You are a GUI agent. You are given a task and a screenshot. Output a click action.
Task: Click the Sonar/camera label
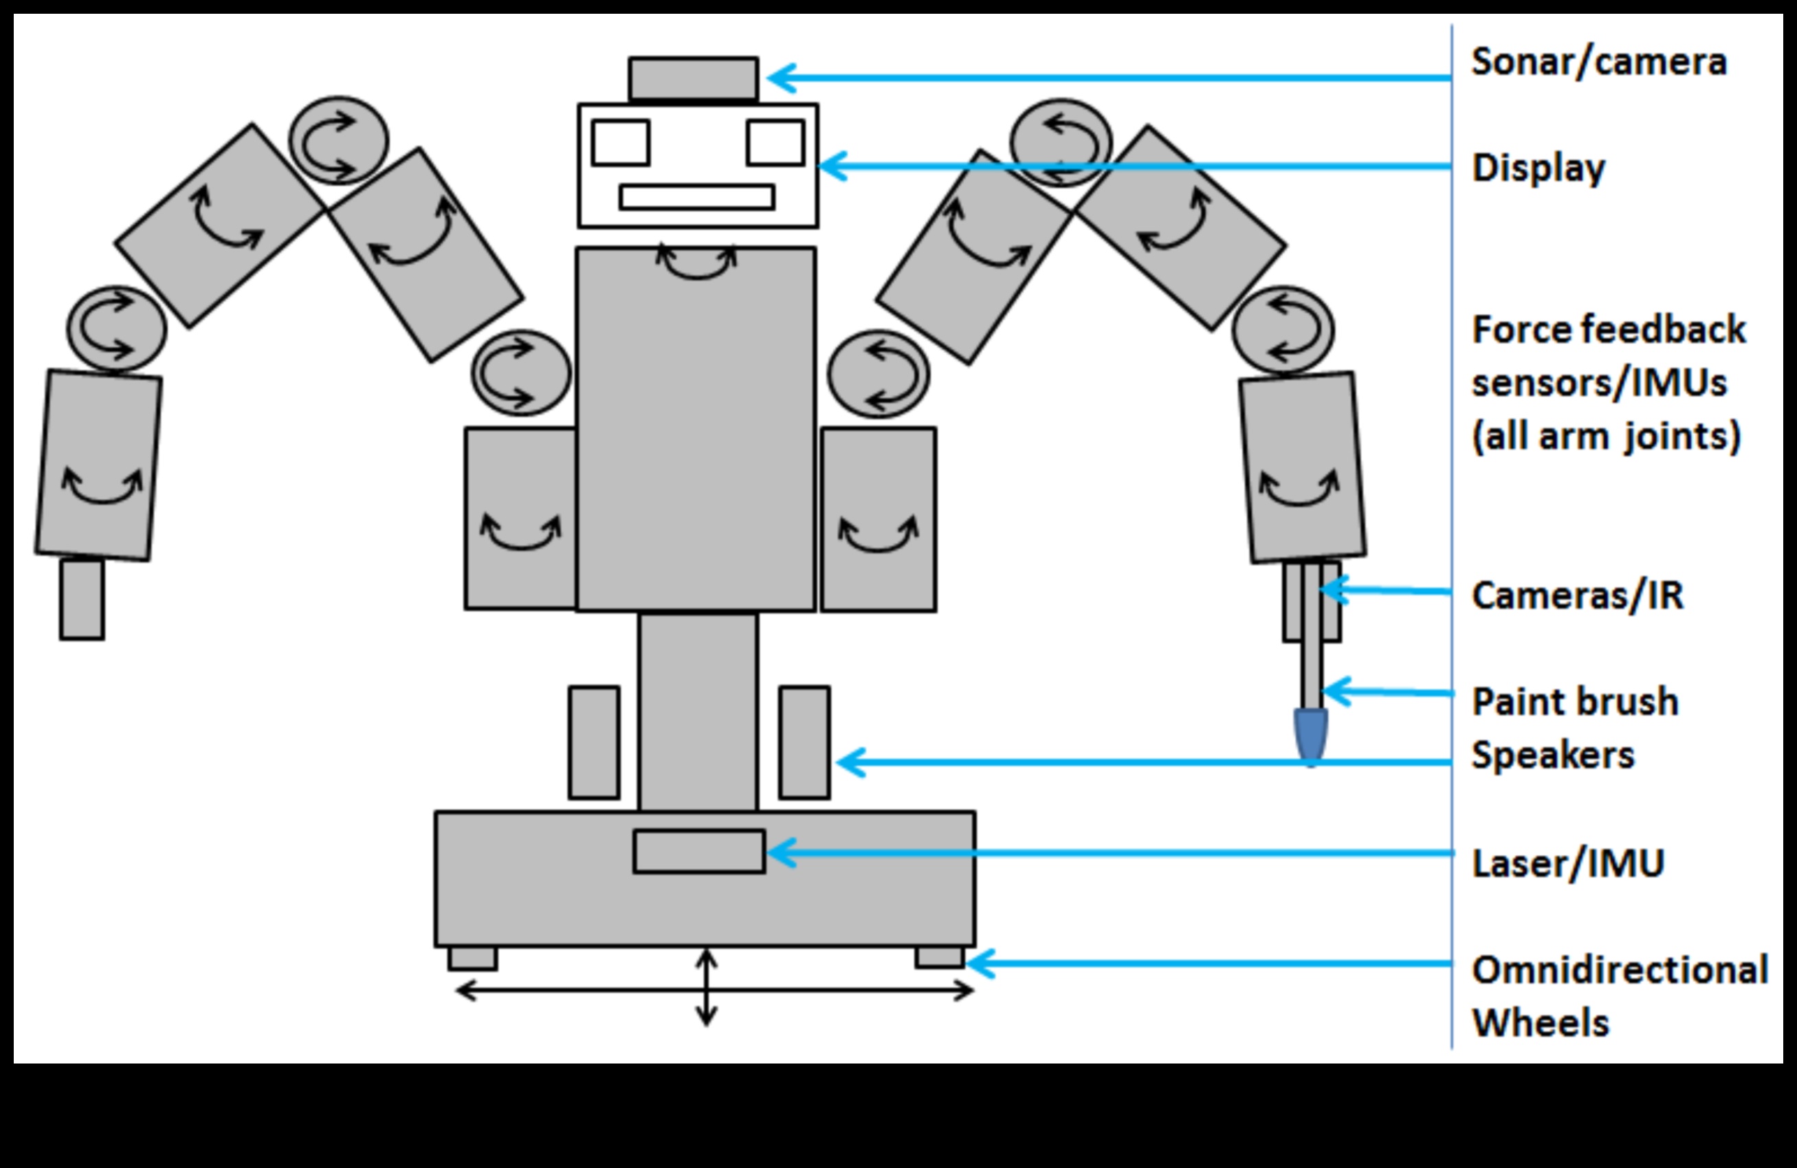click(x=1598, y=62)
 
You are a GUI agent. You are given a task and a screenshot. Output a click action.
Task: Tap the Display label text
click(x=1538, y=168)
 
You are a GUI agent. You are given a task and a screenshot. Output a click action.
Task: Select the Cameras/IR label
click(x=1577, y=596)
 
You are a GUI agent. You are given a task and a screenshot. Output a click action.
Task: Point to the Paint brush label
click(x=1575, y=701)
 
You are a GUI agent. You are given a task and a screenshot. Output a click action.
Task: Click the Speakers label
click(x=1553, y=755)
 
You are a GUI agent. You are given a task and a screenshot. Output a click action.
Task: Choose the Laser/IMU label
click(x=1567, y=863)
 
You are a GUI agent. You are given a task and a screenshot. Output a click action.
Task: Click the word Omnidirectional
click(x=1620, y=970)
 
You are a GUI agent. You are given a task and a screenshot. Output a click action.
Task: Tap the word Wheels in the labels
click(x=1541, y=1024)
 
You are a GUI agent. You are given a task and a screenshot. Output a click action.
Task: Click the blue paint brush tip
click(x=1311, y=737)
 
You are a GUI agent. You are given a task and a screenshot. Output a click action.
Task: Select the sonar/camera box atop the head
click(x=693, y=78)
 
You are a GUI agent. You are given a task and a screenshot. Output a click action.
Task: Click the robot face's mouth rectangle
click(x=697, y=197)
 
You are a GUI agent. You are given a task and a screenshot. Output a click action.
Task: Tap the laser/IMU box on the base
click(x=699, y=852)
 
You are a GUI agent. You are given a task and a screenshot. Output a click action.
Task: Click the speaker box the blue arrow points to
click(x=804, y=742)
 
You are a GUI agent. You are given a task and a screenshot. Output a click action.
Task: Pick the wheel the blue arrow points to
click(x=940, y=958)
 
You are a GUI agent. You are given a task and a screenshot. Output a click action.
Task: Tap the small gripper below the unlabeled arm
click(x=82, y=599)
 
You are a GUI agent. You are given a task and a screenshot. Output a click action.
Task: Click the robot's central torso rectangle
click(x=696, y=428)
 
